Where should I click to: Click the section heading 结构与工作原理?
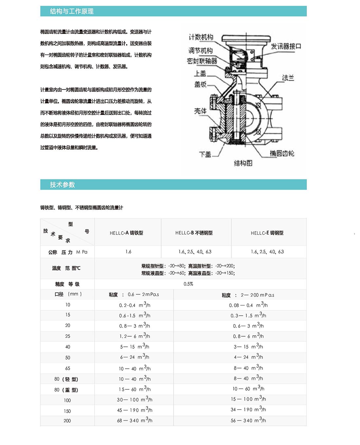pos(72,11)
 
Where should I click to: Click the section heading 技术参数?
pos(63,185)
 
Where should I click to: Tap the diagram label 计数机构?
pos(201,37)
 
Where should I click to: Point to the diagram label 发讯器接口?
pos(286,46)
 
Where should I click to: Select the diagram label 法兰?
pos(288,78)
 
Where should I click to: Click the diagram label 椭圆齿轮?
pos(282,154)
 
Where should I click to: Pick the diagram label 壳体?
pos(200,111)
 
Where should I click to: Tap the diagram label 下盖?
pos(205,154)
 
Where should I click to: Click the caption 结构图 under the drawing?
pos(243,163)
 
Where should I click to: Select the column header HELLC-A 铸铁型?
pos(126,233)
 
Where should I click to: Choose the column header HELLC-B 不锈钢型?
pos(194,233)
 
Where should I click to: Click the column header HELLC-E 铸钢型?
pos(267,233)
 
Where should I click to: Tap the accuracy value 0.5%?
pos(188,284)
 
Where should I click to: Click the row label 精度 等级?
pos(67,284)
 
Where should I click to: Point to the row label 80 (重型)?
pos(66,390)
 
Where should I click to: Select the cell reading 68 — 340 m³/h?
pos(135,420)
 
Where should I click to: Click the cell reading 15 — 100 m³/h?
pos(248,399)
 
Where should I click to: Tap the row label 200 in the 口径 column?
pos(67,421)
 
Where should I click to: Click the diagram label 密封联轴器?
pos(202,61)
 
